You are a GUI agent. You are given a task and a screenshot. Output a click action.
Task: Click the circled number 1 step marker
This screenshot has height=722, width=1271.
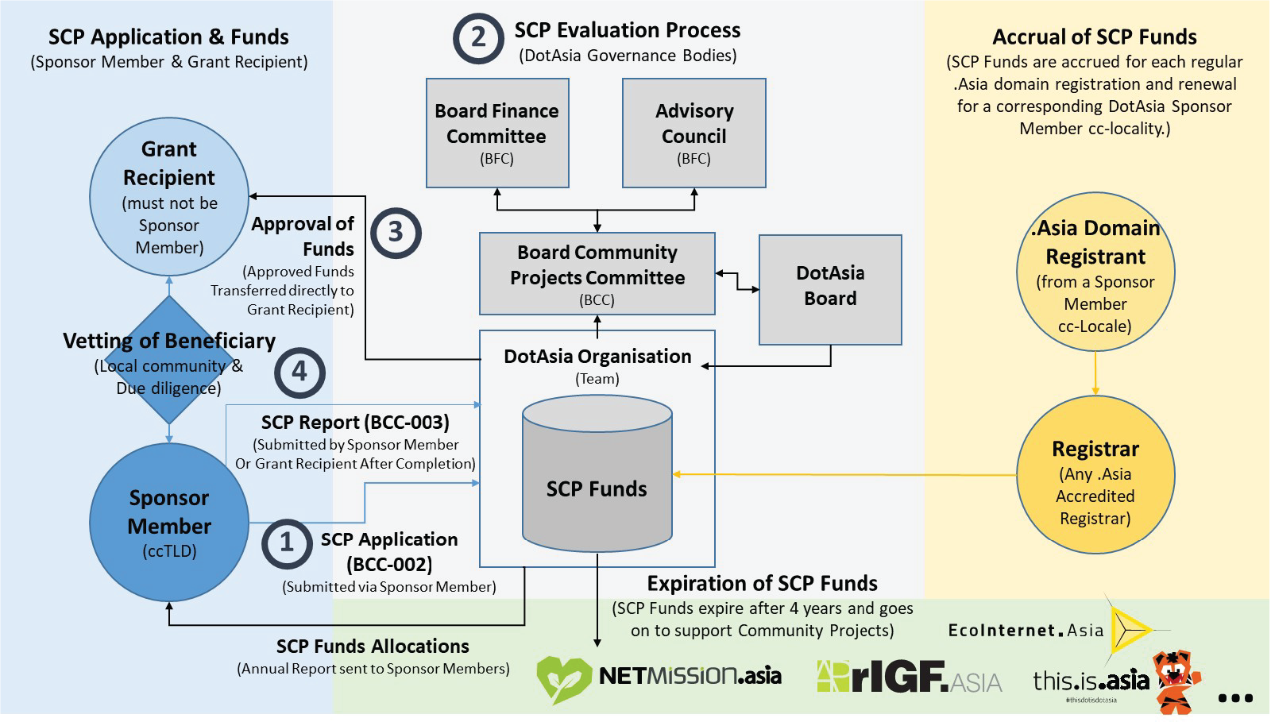(x=287, y=543)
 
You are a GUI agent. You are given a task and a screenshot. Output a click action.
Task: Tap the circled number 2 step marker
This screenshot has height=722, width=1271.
(x=478, y=38)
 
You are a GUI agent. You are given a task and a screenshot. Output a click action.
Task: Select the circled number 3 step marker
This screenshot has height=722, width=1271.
(x=396, y=233)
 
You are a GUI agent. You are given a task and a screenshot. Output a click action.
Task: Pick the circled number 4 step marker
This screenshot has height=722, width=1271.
(x=299, y=372)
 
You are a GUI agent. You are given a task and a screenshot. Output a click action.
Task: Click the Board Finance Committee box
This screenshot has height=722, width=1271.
(x=497, y=133)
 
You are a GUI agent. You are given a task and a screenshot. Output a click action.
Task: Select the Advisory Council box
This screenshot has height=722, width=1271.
(x=693, y=133)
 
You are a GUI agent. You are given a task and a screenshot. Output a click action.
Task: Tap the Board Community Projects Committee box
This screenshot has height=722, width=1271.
(x=597, y=274)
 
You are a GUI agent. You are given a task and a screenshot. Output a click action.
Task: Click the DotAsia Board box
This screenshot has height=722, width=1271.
(x=830, y=289)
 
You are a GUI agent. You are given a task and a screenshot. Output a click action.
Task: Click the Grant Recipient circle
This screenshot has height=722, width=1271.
(x=169, y=197)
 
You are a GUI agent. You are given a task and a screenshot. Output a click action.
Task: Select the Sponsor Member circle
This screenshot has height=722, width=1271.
(x=169, y=522)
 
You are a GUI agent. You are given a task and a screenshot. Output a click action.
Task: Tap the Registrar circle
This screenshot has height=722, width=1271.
(x=1095, y=475)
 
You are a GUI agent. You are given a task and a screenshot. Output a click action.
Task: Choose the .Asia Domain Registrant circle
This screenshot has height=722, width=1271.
(x=1095, y=272)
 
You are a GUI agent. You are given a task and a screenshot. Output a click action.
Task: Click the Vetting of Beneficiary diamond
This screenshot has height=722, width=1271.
(x=169, y=360)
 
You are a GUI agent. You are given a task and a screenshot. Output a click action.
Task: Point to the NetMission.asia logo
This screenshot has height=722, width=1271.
(x=659, y=677)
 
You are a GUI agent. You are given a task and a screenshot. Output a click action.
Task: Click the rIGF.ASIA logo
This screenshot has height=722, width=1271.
(x=909, y=677)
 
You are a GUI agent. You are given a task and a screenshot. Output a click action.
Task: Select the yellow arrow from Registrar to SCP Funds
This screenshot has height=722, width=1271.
(x=842, y=475)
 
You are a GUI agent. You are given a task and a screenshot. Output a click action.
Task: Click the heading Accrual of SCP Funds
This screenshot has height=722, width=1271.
(x=1094, y=37)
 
